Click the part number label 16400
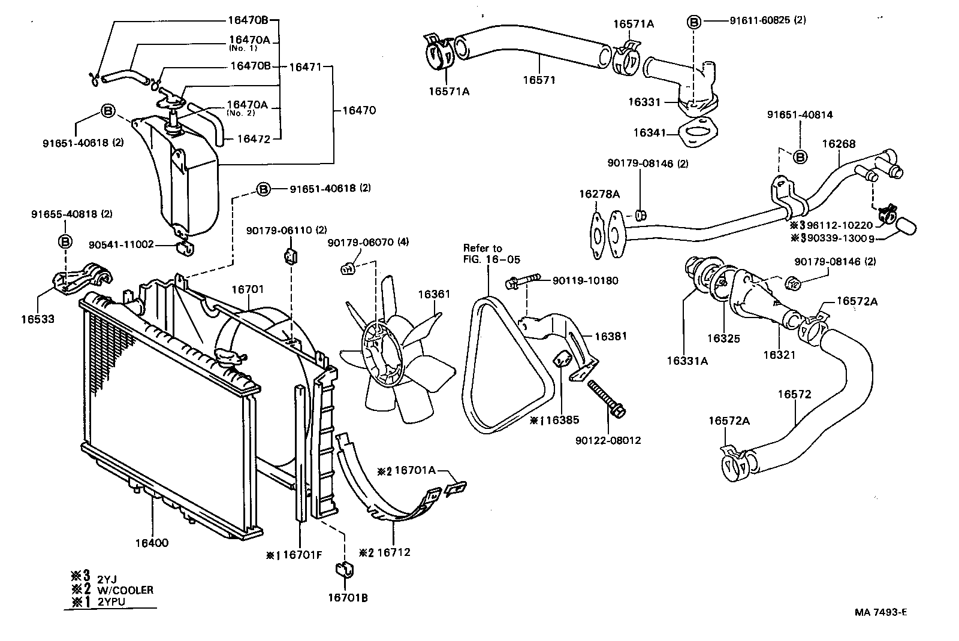point(152,543)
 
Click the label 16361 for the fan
point(433,294)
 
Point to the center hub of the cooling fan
point(379,352)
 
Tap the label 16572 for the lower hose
point(794,394)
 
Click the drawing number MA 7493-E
point(880,612)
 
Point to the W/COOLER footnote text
point(125,590)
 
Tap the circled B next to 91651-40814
point(800,157)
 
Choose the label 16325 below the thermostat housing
point(723,338)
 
